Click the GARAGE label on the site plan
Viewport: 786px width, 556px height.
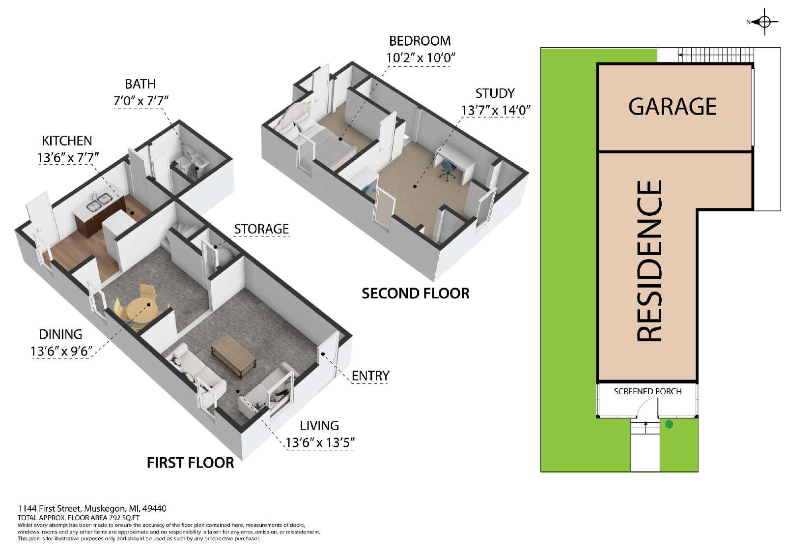tap(672, 107)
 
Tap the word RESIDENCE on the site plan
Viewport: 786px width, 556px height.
tap(649, 261)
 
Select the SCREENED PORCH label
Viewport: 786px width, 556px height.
tap(647, 391)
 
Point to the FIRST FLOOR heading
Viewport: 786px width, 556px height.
tap(190, 463)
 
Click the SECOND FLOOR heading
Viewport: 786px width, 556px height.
tap(416, 293)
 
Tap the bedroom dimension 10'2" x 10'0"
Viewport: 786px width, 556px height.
tap(421, 57)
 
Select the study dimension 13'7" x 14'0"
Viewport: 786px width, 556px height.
tap(496, 110)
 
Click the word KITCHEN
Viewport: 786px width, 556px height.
tap(67, 141)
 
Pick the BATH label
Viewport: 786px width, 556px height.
tap(140, 84)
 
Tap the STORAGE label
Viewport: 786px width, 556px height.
tap(261, 229)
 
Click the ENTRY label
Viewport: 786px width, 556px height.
tap(370, 376)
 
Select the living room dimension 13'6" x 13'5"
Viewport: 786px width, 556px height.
tap(320, 442)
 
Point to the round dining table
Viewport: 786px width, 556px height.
tap(142, 309)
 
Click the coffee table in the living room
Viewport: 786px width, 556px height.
tap(233, 356)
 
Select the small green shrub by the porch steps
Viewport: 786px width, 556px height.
tap(669, 425)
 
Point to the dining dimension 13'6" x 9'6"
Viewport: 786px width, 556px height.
tap(61, 351)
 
